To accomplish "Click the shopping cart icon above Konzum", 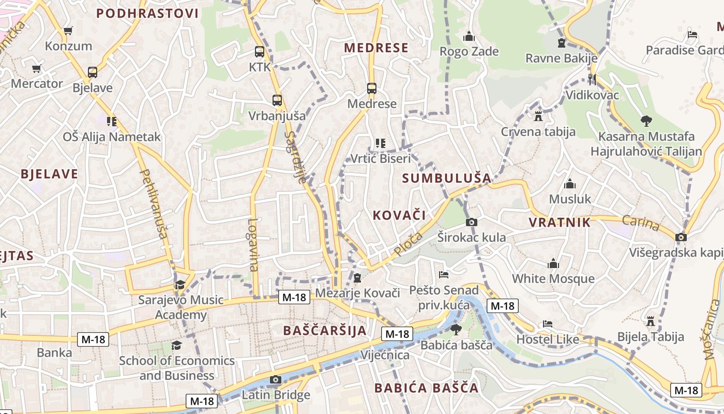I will [68, 31].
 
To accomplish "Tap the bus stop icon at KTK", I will [260, 52].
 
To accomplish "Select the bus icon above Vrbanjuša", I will [277, 100].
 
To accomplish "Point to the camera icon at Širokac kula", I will [471, 222].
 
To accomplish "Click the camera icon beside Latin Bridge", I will [275, 380].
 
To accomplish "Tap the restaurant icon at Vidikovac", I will [592, 79].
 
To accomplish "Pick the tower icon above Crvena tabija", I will [538, 116].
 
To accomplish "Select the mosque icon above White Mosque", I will [553, 264].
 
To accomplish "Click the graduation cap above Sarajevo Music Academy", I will [180, 285].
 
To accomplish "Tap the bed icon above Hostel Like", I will [548, 324].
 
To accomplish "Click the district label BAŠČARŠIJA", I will [325, 330].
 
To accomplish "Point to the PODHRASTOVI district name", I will [147, 13].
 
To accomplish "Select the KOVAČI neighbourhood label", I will [399, 215].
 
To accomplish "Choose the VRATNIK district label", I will [560, 223].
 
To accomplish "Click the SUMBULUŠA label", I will [447, 178].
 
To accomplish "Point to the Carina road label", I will [641, 224].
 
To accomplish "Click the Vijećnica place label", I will [385, 355].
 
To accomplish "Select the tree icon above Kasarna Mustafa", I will [646, 121].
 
